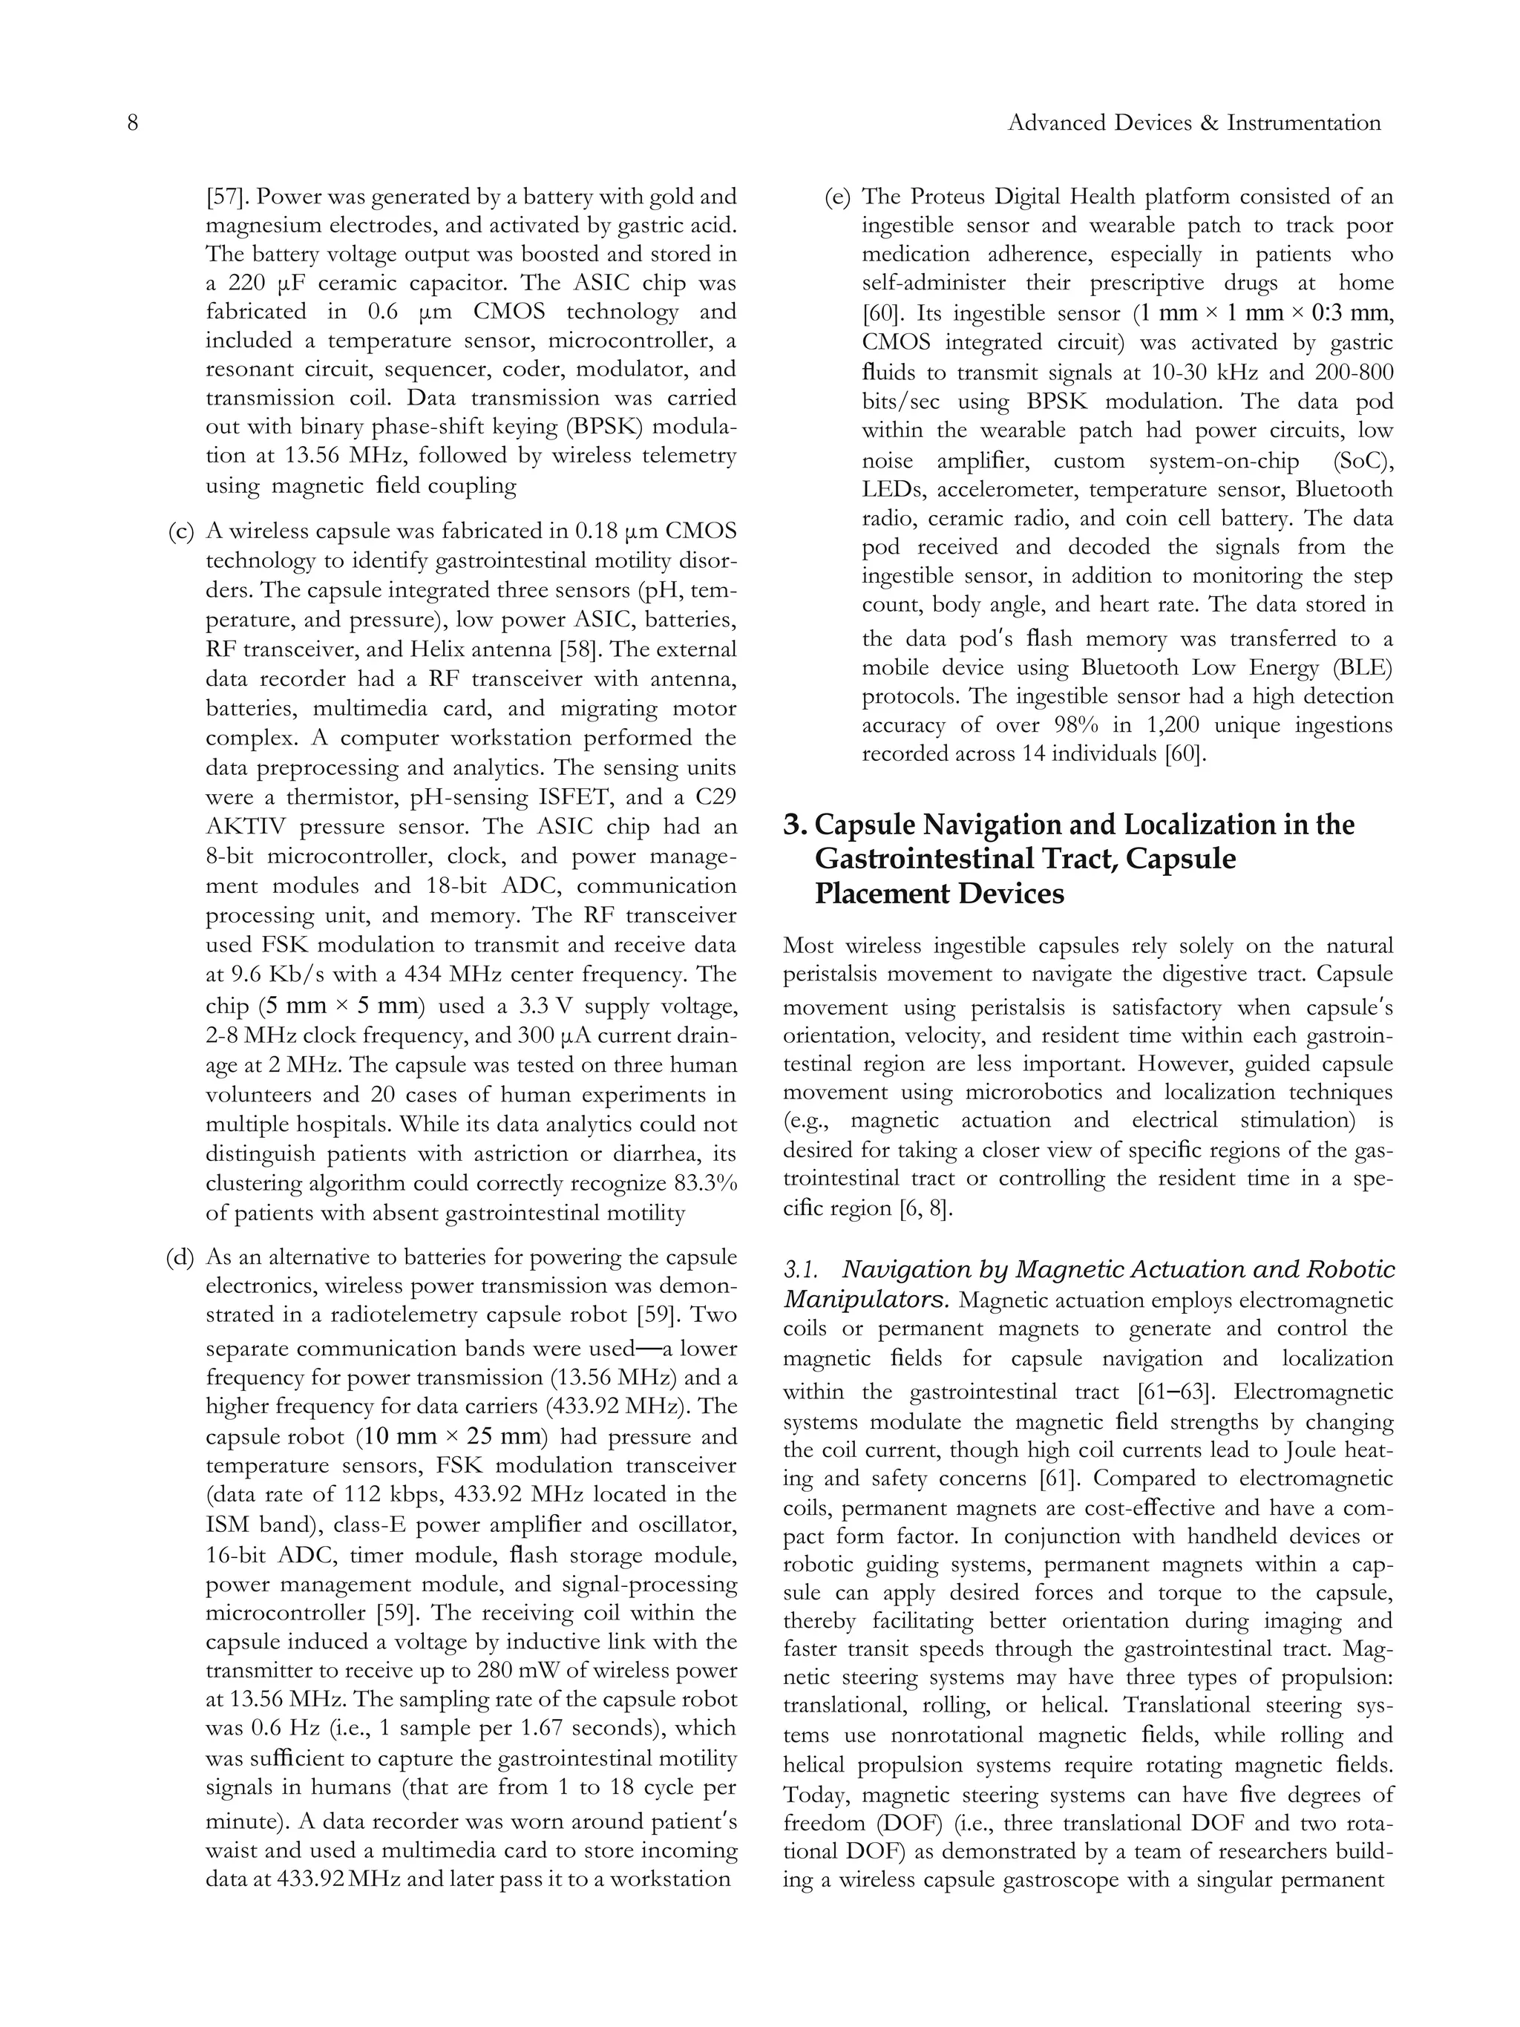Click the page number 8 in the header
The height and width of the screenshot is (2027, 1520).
click(132, 122)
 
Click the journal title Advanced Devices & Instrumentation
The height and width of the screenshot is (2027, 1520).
click(1193, 122)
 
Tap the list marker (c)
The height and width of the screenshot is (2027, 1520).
click(180, 531)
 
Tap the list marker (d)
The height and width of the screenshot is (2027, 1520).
click(180, 1257)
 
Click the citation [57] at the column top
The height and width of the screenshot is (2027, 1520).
click(223, 196)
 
